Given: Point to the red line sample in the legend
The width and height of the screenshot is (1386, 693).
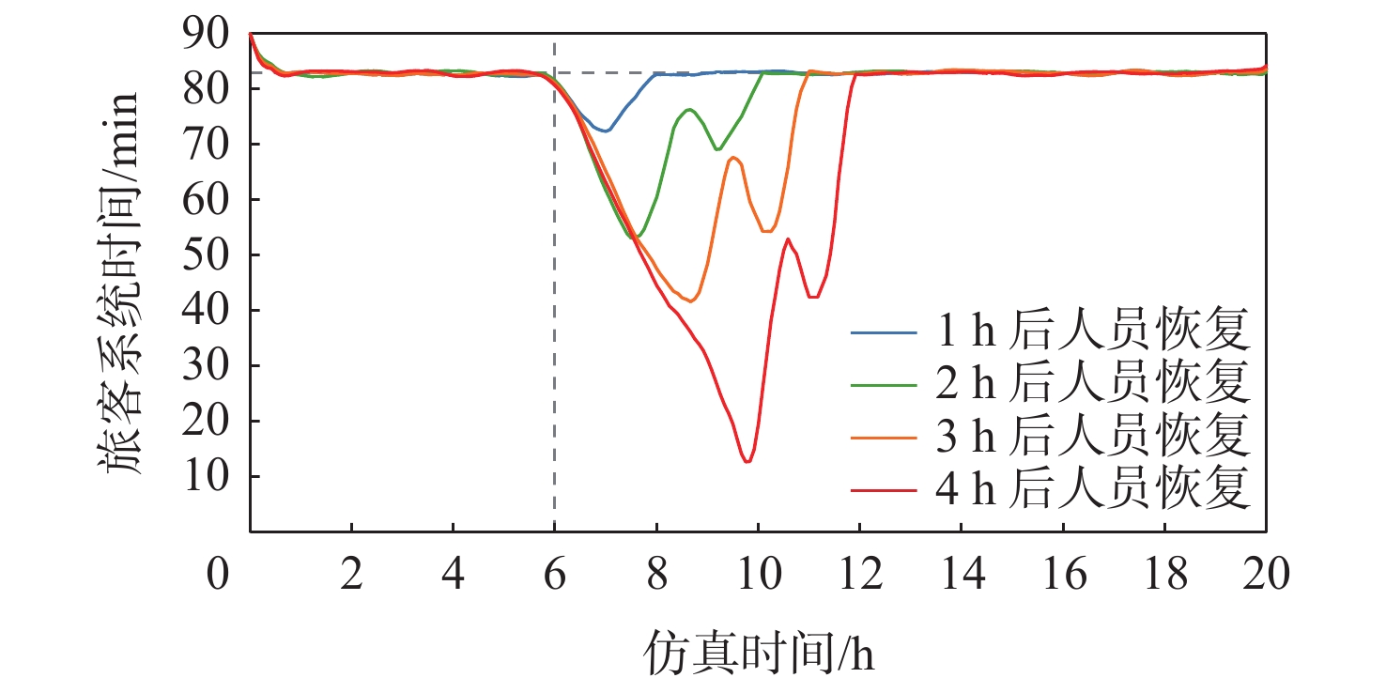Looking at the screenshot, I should tap(883, 489).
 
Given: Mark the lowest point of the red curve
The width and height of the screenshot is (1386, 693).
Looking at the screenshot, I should tap(747, 461).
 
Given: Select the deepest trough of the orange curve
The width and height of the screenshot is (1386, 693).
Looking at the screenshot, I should tap(690, 300).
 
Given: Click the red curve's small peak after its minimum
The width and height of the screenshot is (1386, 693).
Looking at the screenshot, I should tap(787, 239).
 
